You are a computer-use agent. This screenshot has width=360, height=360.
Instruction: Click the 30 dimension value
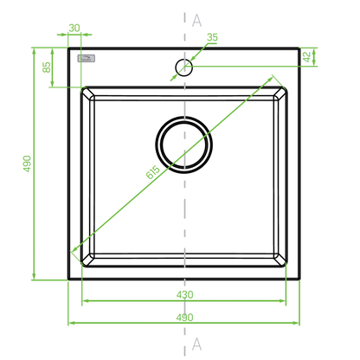74,28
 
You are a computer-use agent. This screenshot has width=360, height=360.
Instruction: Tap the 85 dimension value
47,67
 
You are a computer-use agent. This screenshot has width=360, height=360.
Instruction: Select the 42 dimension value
307,57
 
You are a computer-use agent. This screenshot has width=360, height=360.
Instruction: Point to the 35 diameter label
212,37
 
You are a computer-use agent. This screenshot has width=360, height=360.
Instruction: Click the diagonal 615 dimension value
152,172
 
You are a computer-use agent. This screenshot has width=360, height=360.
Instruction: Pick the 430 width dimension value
184,294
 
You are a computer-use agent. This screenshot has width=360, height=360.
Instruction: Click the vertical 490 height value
27,164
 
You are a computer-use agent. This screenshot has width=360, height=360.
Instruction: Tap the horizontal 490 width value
184,317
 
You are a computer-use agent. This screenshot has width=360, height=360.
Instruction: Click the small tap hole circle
183,59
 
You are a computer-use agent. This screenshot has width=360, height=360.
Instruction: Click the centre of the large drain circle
184,145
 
